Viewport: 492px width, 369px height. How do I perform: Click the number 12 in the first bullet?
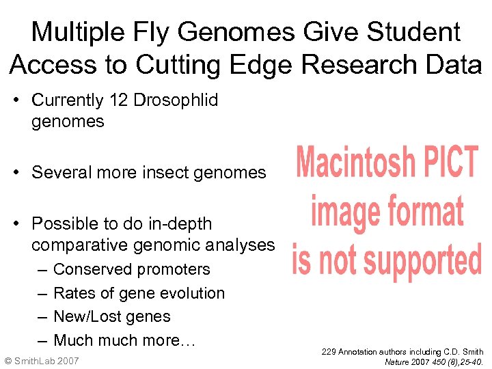point(118,100)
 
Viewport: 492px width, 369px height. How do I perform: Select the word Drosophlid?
point(176,100)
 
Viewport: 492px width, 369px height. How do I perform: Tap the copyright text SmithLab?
point(36,360)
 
